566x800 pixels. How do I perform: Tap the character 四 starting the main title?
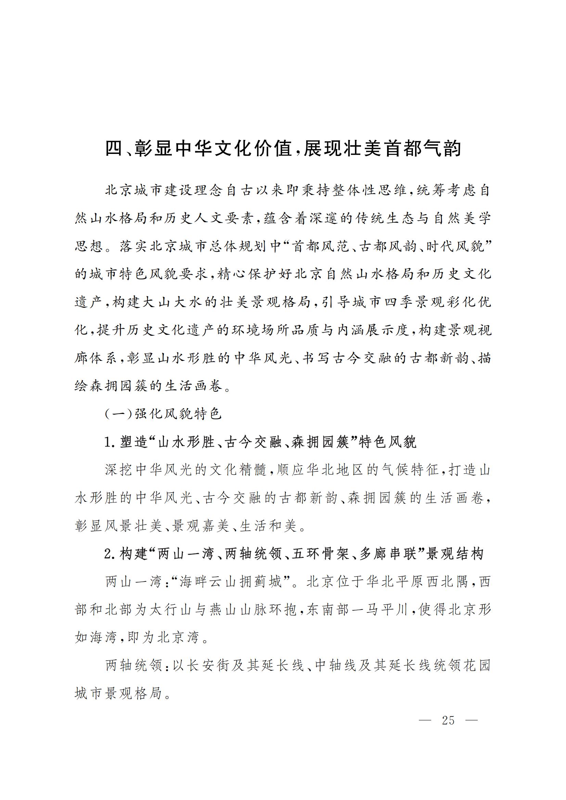[x=114, y=149]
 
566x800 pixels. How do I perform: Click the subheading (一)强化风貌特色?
[x=163, y=414]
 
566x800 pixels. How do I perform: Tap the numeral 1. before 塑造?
[x=110, y=443]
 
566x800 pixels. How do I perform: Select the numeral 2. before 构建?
[x=110, y=554]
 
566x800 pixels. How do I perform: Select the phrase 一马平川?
[x=378, y=610]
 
